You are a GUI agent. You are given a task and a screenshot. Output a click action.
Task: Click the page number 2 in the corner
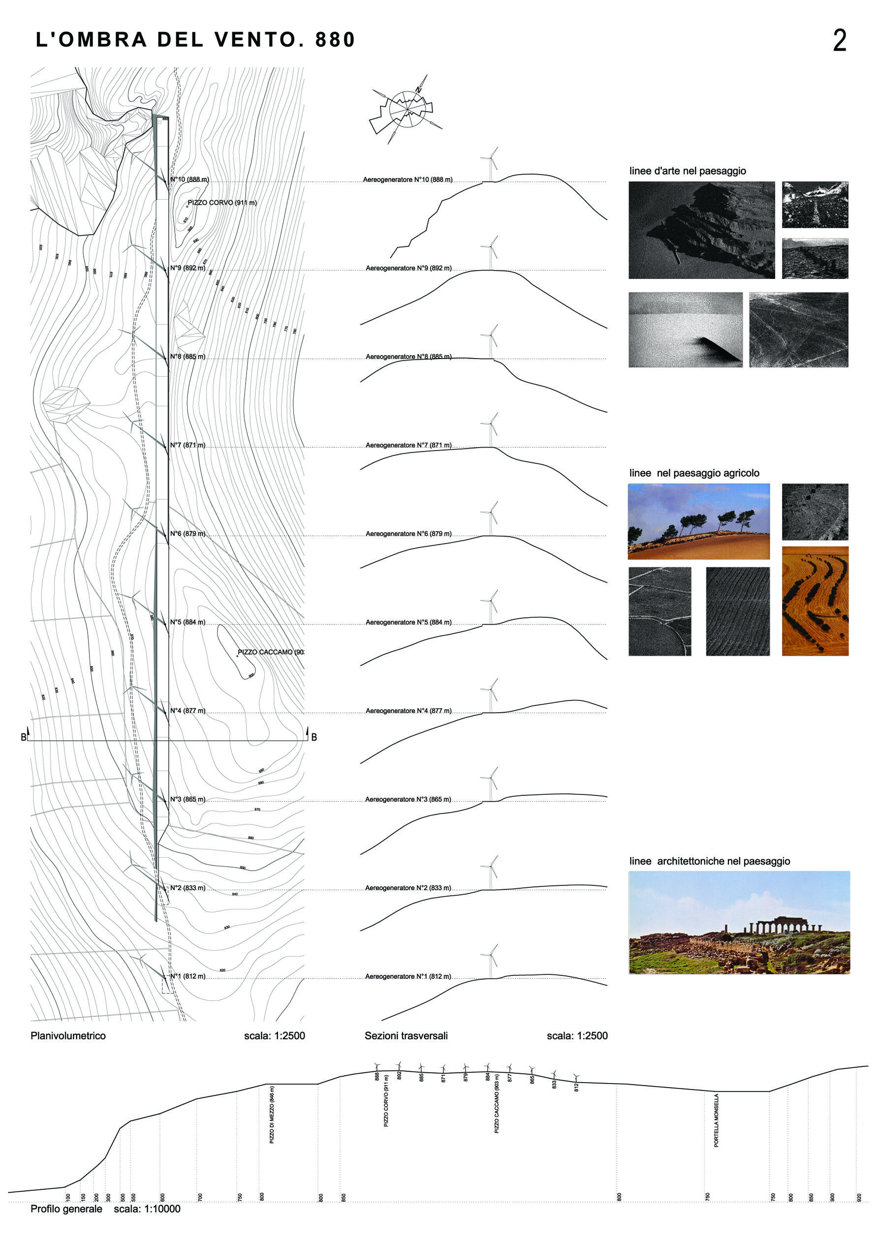pos(839,40)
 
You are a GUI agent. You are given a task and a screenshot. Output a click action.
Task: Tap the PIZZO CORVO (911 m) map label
pos(221,203)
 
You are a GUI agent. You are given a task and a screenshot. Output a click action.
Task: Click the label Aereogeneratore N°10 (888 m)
pos(407,180)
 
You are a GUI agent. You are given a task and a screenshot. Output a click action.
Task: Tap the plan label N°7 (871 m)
pos(188,445)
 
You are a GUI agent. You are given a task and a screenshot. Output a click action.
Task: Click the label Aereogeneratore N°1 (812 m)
pos(407,976)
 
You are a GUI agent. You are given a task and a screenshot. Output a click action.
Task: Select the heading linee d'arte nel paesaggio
pos(687,171)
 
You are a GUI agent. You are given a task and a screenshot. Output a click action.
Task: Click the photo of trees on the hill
pos(698,521)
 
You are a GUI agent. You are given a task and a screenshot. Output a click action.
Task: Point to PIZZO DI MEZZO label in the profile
pos(272,1115)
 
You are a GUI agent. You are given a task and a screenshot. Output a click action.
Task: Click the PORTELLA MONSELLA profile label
pos(717,1120)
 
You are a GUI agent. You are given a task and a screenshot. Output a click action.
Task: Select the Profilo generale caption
pos(66,1209)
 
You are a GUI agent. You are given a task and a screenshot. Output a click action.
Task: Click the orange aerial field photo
pos(815,601)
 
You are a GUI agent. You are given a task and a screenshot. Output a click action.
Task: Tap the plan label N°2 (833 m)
pos(188,887)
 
